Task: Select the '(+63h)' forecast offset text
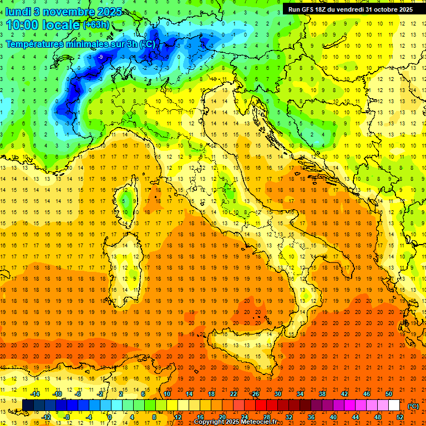tap(96, 25)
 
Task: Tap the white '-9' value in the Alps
tap(100, 57)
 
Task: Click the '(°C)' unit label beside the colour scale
tap(414, 405)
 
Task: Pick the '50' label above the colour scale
tap(389, 394)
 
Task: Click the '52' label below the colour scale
tap(400, 417)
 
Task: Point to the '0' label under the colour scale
tap(110, 417)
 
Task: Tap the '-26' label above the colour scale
tap(255, 394)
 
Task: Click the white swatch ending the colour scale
tap(394, 405)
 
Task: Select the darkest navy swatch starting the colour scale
tap(28, 405)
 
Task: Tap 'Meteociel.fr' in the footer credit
tap(263, 422)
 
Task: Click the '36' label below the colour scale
tap(311, 417)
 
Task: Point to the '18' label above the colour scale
tap(211, 394)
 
